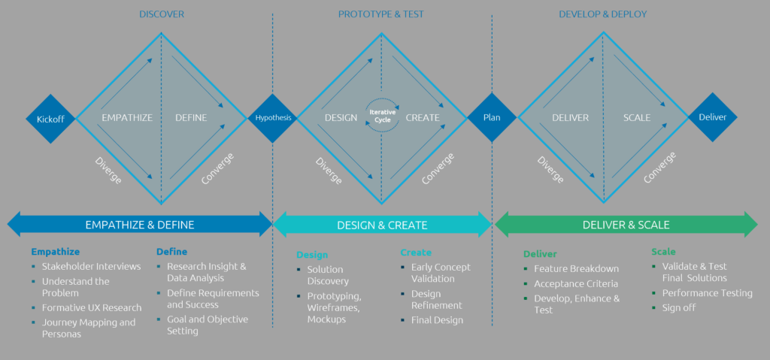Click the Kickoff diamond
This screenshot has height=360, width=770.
[x=51, y=119]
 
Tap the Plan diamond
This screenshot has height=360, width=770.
[x=492, y=117]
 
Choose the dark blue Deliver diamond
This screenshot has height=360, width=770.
[x=713, y=117]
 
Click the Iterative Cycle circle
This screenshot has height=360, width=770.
[x=382, y=116]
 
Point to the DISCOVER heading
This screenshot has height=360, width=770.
[x=162, y=14]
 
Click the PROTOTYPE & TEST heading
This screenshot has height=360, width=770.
[x=382, y=14]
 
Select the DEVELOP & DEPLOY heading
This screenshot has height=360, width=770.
[x=602, y=14]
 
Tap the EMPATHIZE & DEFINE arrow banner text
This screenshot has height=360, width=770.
[x=139, y=225]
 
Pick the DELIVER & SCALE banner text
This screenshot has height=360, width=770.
[x=626, y=225]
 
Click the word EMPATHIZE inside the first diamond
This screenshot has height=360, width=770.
[x=127, y=118]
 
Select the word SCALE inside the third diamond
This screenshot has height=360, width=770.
[x=637, y=118]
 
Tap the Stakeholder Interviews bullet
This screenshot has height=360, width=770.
[x=91, y=266]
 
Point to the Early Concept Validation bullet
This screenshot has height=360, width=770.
[x=441, y=273]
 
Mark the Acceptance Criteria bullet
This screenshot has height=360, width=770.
[x=575, y=284]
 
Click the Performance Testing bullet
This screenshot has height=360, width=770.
[x=707, y=293]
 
